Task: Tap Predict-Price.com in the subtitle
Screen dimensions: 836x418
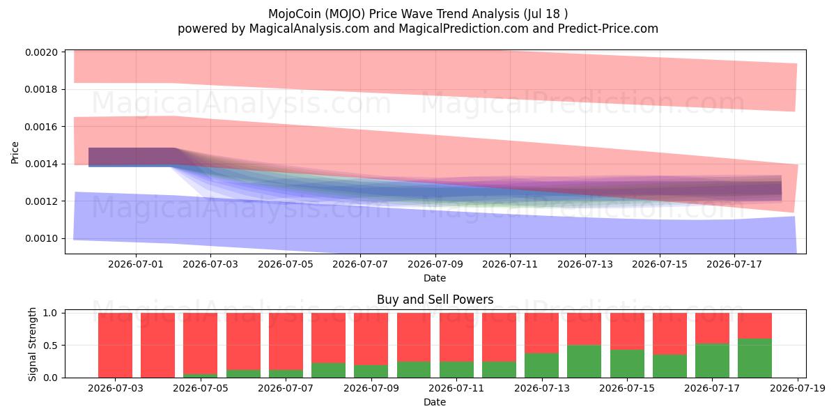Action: (x=608, y=29)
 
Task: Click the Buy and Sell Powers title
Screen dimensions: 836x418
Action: (x=435, y=300)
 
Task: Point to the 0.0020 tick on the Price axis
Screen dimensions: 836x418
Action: (x=41, y=52)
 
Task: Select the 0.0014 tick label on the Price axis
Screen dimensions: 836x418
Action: (x=41, y=164)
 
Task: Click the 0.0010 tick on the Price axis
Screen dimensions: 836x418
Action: (x=41, y=238)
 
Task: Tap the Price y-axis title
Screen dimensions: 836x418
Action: (x=15, y=153)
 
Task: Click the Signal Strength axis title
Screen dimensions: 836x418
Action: (x=32, y=344)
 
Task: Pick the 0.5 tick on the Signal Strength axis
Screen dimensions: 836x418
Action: (x=50, y=346)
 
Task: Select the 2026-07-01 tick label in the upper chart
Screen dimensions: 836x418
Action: (x=136, y=264)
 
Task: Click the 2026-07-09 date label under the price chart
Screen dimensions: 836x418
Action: (x=435, y=264)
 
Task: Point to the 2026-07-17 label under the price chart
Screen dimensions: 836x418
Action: (x=734, y=264)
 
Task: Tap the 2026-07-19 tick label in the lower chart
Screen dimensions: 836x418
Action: (x=798, y=388)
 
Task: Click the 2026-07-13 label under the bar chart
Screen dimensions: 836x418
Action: (x=542, y=388)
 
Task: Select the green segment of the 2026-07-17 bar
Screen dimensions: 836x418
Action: (x=712, y=361)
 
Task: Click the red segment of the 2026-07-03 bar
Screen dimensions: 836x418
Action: (x=116, y=346)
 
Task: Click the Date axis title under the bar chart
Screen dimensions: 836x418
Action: (x=435, y=402)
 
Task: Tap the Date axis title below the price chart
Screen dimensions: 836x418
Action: (x=435, y=278)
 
